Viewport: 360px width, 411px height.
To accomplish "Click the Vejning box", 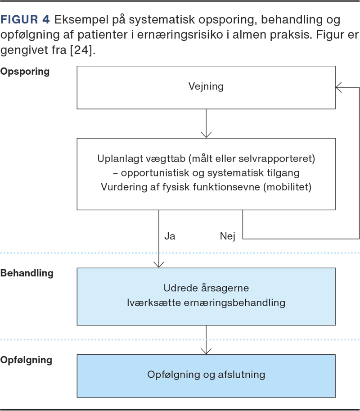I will pyautogui.click(x=206, y=87).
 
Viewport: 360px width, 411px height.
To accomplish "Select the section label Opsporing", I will pyautogui.click(x=25, y=72).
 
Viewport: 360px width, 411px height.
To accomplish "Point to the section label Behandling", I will pyautogui.click(x=27, y=273).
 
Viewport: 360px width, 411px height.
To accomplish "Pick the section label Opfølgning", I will pyautogui.click(x=27, y=360).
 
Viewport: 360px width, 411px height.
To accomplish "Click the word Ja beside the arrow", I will pyautogui.click(x=170, y=236).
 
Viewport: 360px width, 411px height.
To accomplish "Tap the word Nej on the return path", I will pyautogui.click(x=227, y=236).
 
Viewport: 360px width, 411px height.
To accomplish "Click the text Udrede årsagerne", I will pyautogui.click(x=206, y=288).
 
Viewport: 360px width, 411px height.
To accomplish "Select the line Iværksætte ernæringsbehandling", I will pyautogui.click(x=206, y=303).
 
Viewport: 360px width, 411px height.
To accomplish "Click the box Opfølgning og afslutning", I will pyautogui.click(x=206, y=375).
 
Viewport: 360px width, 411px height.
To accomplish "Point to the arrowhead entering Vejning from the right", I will pyautogui.click(x=339, y=87).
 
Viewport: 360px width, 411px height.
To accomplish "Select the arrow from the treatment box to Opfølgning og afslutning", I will pyautogui.click(x=206, y=339).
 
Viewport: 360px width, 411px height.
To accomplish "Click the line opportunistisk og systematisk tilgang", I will pyautogui.click(x=206, y=173).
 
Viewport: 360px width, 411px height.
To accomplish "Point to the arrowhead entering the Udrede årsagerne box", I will pyautogui.click(x=159, y=265).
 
